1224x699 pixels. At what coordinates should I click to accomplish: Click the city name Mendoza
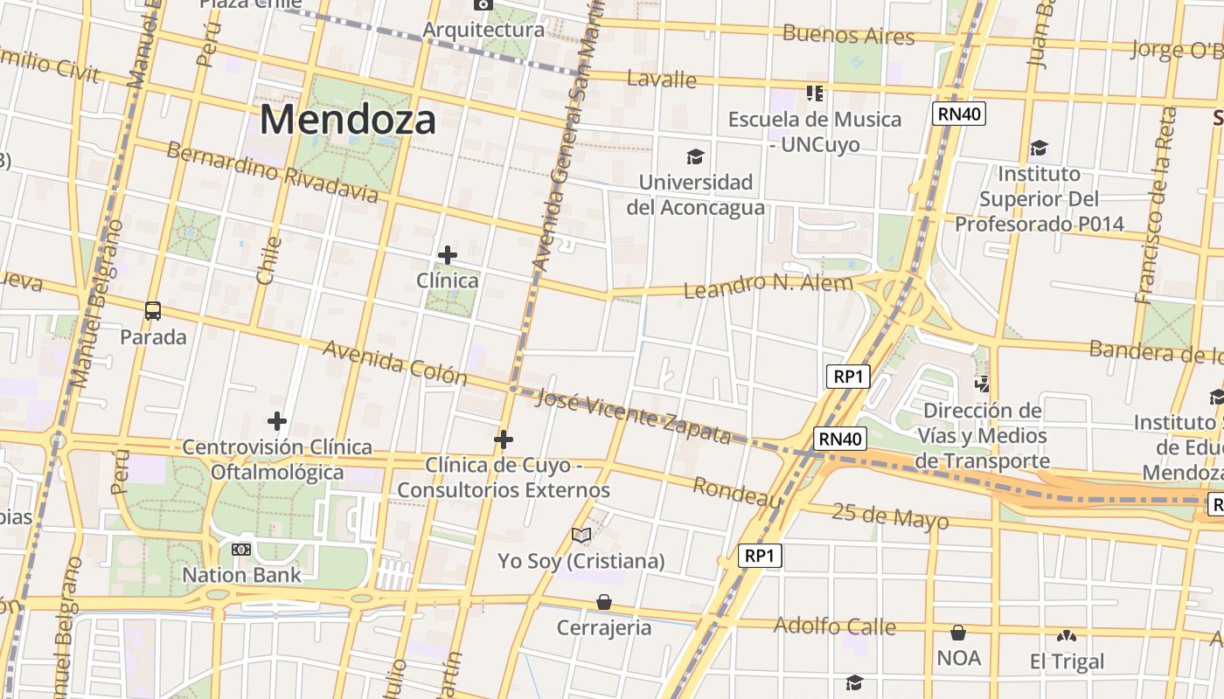pos(347,119)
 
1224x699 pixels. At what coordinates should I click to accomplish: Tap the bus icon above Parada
pos(153,310)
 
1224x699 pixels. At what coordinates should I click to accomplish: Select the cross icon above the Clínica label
pos(447,255)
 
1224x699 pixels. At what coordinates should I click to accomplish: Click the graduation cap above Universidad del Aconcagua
pos(695,156)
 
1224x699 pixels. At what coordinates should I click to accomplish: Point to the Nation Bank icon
pos(241,550)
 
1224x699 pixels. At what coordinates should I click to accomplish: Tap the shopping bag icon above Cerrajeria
pos(604,602)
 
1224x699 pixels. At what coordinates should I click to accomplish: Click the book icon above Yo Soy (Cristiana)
pos(581,535)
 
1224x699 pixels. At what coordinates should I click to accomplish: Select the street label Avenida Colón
pos(395,362)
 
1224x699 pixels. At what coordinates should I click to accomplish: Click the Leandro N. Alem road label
pos(768,286)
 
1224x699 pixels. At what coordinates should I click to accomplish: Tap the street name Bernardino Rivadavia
pos(272,172)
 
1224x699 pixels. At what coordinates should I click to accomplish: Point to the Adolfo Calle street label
pos(834,626)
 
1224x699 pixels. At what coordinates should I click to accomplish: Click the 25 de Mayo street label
pos(889,516)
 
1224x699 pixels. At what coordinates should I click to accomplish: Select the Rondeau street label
pos(737,492)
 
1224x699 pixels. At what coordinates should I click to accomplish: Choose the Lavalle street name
pos(662,80)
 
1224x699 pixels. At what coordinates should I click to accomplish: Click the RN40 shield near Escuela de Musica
pos(958,114)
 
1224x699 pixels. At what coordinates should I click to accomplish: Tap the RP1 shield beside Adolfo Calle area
pos(758,556)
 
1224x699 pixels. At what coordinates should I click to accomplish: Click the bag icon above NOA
pos(958,633)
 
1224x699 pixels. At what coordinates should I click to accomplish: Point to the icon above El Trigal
pos(1066,635)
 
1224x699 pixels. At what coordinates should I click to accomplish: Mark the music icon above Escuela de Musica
pos(815,93)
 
